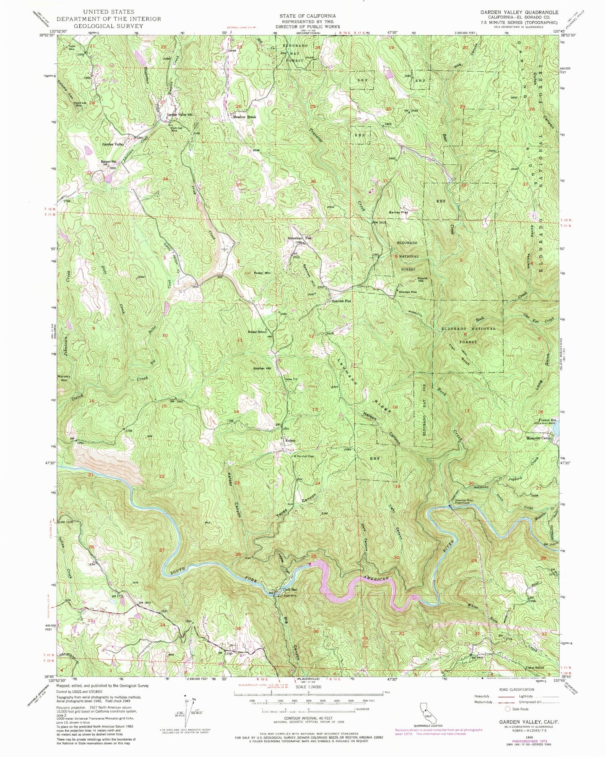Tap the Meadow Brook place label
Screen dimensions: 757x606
click(244, 117)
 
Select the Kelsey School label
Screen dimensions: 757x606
click(257, 332)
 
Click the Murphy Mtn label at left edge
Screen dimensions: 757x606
click(63, 378)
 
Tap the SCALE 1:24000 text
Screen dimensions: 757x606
click(308, 687)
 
